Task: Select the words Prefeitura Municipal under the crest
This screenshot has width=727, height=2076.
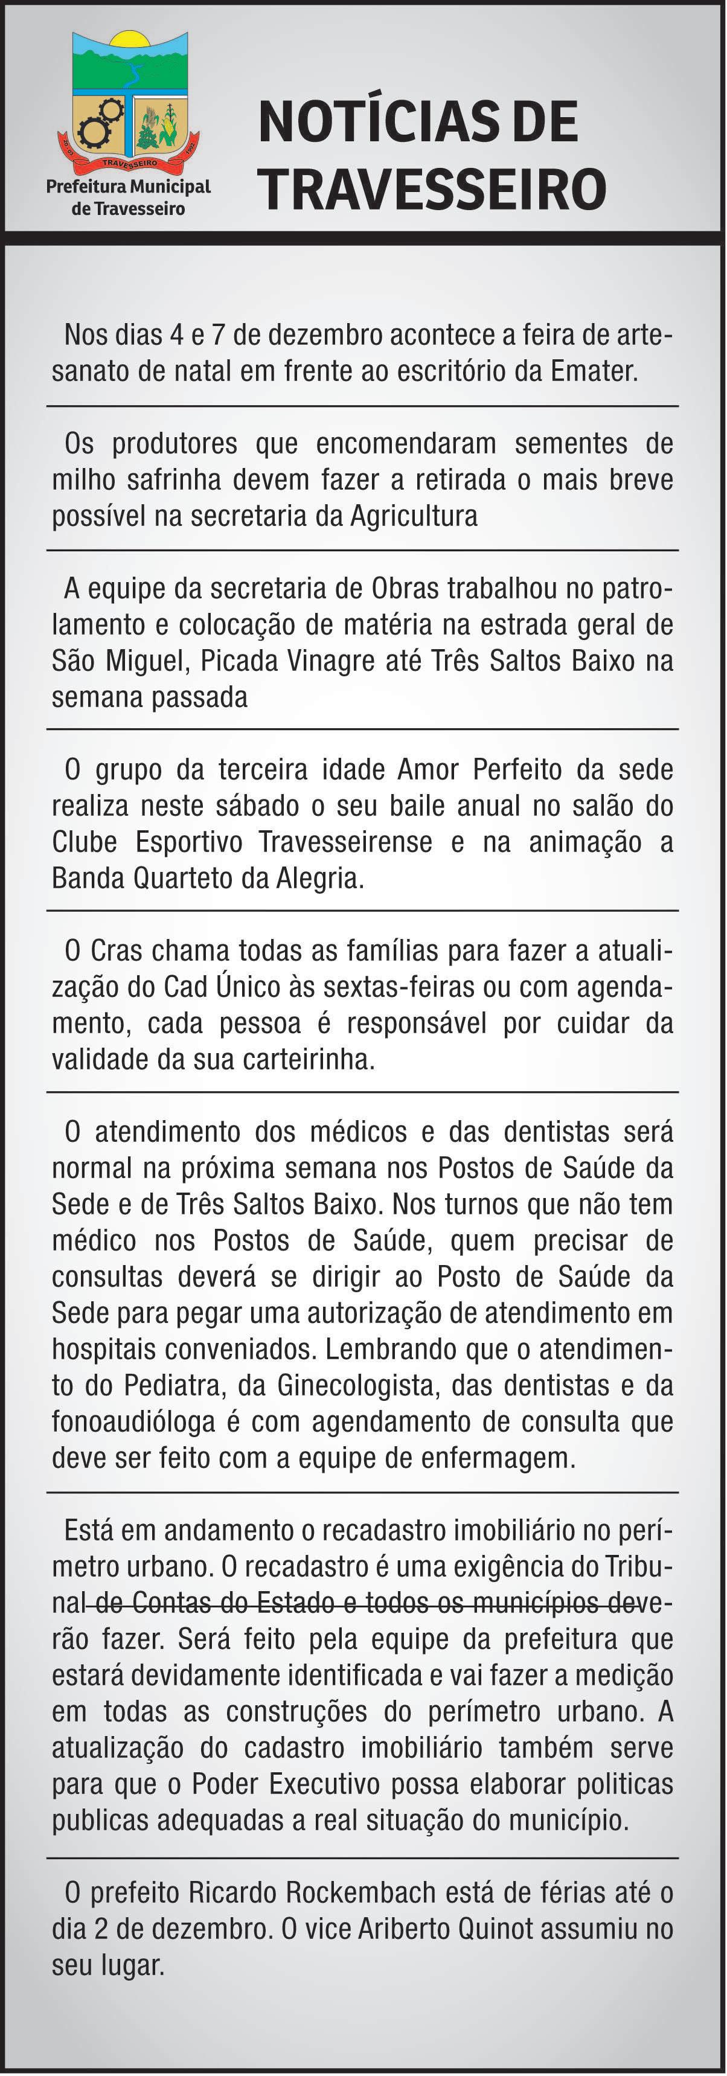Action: [128, 187]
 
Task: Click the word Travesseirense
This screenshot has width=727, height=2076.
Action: [345, 842]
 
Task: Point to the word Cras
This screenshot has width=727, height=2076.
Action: [116, 951]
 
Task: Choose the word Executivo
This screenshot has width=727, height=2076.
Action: [324, 1785]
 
